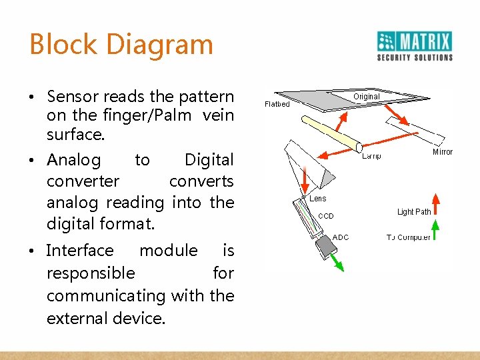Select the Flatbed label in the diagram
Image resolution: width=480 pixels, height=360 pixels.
[277, 104]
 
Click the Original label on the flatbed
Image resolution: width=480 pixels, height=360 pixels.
[366, 97]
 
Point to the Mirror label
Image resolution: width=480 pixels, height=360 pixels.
[443, 152]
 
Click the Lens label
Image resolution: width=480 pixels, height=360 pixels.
[319, 199]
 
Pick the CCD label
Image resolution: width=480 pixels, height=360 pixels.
[326, 216]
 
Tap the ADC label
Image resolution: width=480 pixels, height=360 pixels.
[341, 237]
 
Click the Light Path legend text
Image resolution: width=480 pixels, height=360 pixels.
[414, 212]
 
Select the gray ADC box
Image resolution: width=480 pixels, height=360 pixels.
[326, 247]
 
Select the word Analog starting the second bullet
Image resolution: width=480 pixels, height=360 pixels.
[74, 160]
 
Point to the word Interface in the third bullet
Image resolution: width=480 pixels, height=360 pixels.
[80, 251]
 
